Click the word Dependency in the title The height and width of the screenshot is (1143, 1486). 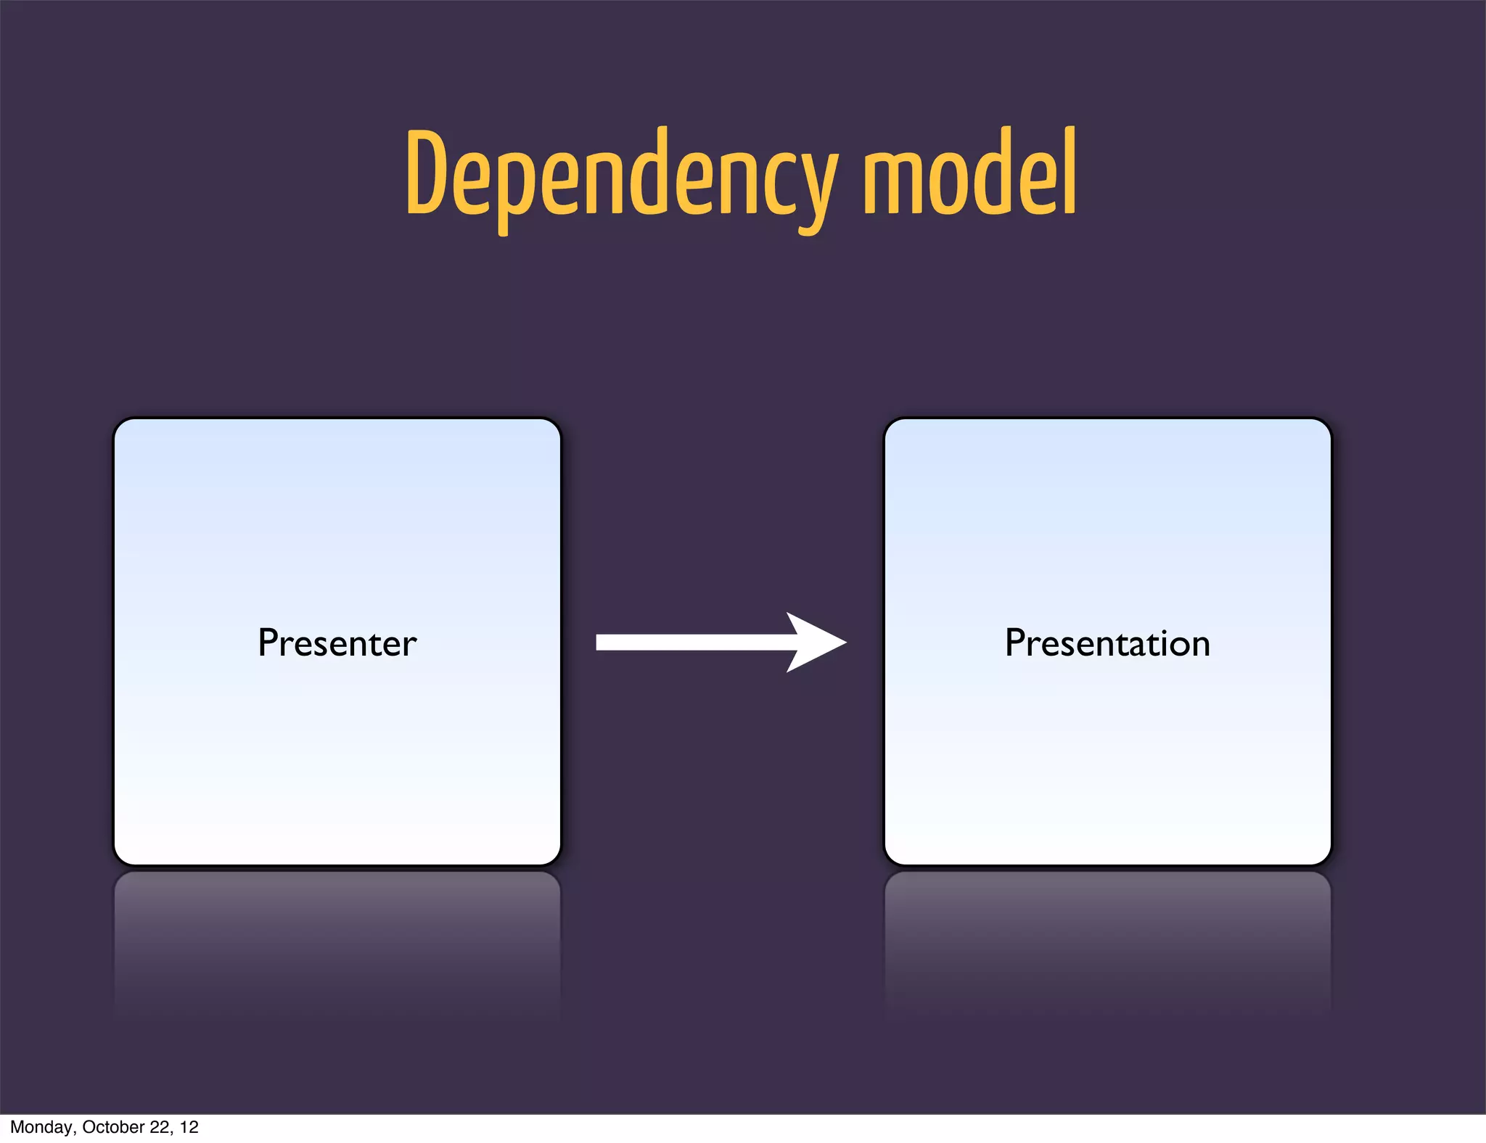point(620,174)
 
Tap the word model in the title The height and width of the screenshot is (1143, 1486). point(969,174)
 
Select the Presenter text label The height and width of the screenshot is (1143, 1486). point(337,643)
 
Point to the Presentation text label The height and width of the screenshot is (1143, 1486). point(1107,643)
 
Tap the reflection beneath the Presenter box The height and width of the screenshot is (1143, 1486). point(337,936)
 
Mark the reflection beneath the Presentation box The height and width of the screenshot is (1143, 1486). point(1107,936)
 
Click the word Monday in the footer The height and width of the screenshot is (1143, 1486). point(41,1127)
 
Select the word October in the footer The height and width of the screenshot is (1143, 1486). point(113,1127)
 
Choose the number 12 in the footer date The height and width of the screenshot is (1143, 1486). point(189,1127)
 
